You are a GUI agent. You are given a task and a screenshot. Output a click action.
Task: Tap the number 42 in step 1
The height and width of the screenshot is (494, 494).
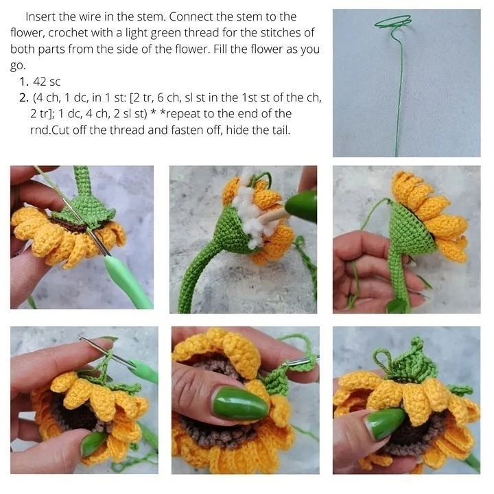coord(40,82)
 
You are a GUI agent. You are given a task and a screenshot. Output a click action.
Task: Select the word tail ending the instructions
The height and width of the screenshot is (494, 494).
coord(281,130)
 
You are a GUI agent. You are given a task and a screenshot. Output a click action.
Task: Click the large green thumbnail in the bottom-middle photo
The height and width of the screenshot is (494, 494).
coord(240,404)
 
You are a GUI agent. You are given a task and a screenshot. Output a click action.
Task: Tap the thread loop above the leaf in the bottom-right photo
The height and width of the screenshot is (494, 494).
coord(382,359)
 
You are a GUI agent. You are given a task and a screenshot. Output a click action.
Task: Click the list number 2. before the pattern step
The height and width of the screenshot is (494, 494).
coord(24,98)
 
